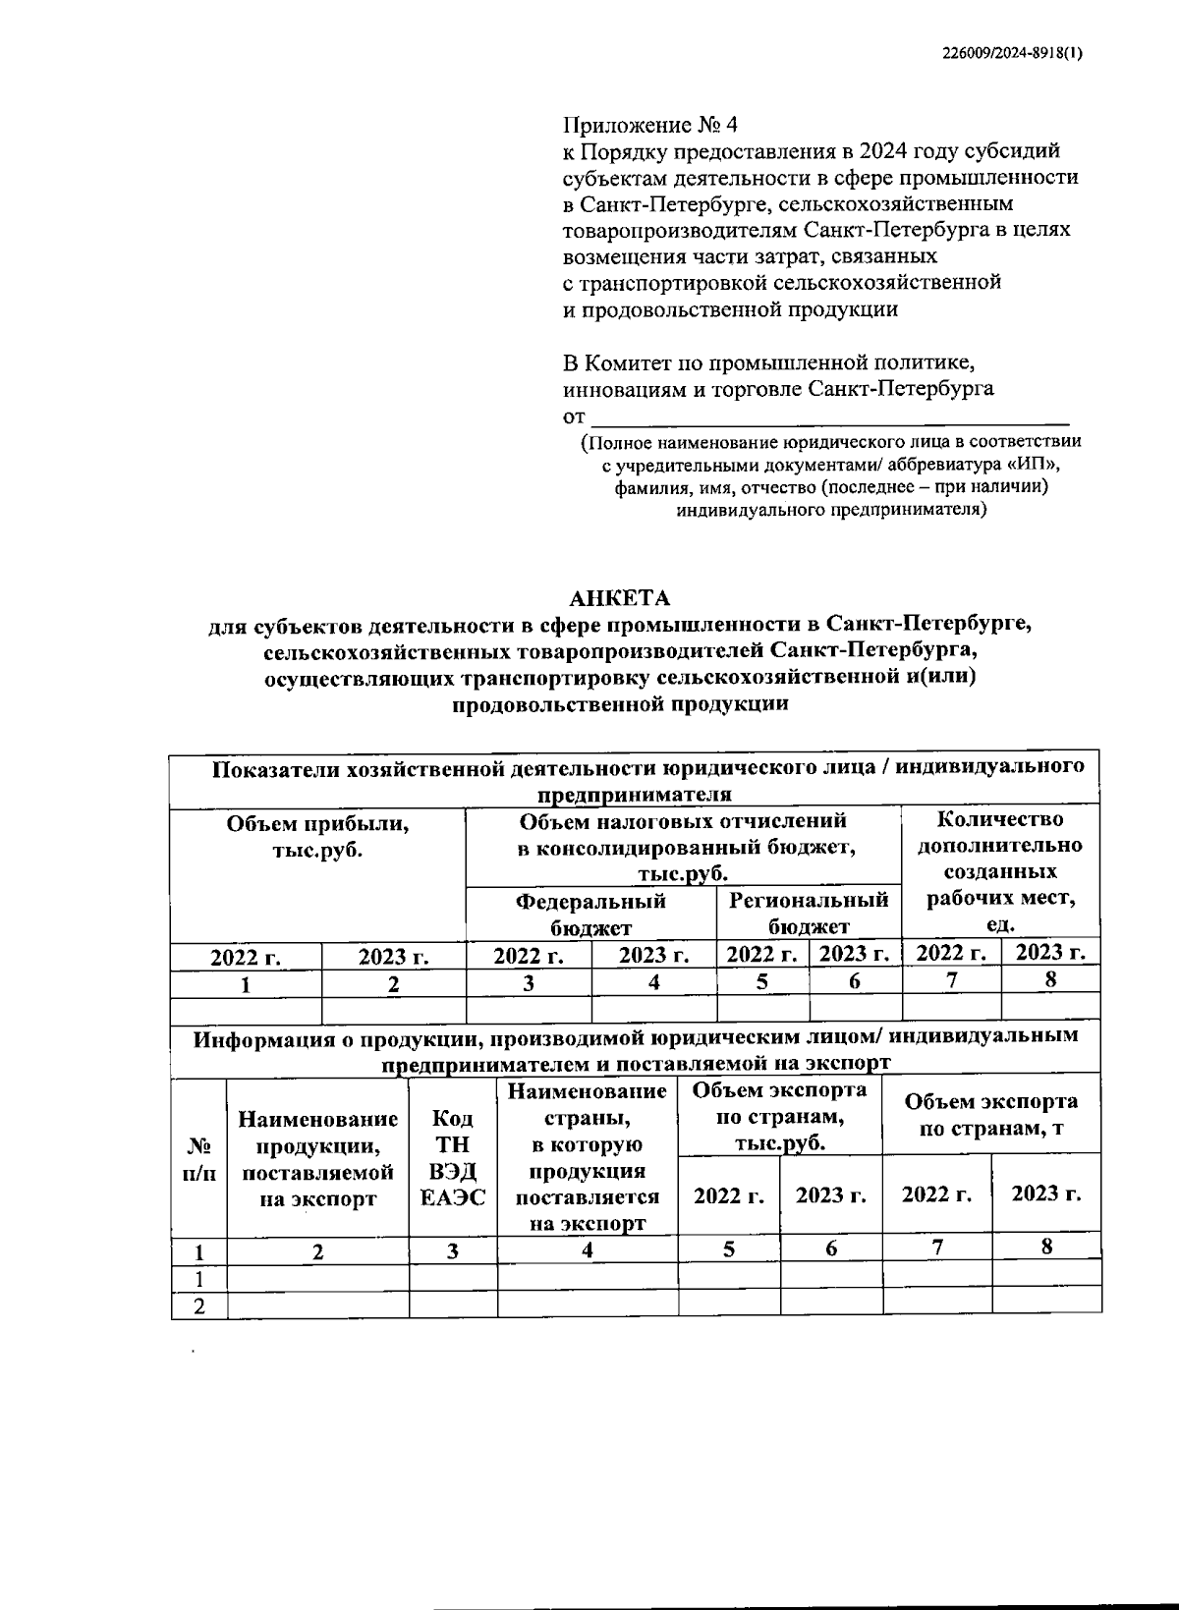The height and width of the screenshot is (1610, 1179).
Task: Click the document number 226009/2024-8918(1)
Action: [1006, 56]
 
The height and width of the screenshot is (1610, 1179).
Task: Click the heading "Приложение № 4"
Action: [649, 126]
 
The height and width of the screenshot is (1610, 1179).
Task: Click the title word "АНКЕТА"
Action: [621, 598]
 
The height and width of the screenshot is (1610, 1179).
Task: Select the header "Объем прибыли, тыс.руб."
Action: [317, 837]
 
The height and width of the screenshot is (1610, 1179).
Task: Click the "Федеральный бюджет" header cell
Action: [590, 914]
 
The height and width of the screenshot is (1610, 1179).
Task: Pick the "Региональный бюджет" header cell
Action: [809, 914]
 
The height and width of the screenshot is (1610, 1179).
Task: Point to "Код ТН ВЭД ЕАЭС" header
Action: [453, 1158]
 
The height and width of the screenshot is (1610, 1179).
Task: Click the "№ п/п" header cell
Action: [199, 1159]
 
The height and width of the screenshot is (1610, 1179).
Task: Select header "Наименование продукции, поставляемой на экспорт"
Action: [318, 1158]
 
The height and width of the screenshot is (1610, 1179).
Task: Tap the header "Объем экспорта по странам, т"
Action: [990, 1115]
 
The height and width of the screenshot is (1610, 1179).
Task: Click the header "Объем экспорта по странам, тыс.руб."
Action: [779, 1116]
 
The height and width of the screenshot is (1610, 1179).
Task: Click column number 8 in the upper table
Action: [1050, 979]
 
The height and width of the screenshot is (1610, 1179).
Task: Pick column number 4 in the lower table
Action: [588, 1250]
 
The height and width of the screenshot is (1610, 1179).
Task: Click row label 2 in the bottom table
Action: [199, 1305]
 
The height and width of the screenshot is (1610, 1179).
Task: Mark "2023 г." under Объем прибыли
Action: [394, 957]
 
